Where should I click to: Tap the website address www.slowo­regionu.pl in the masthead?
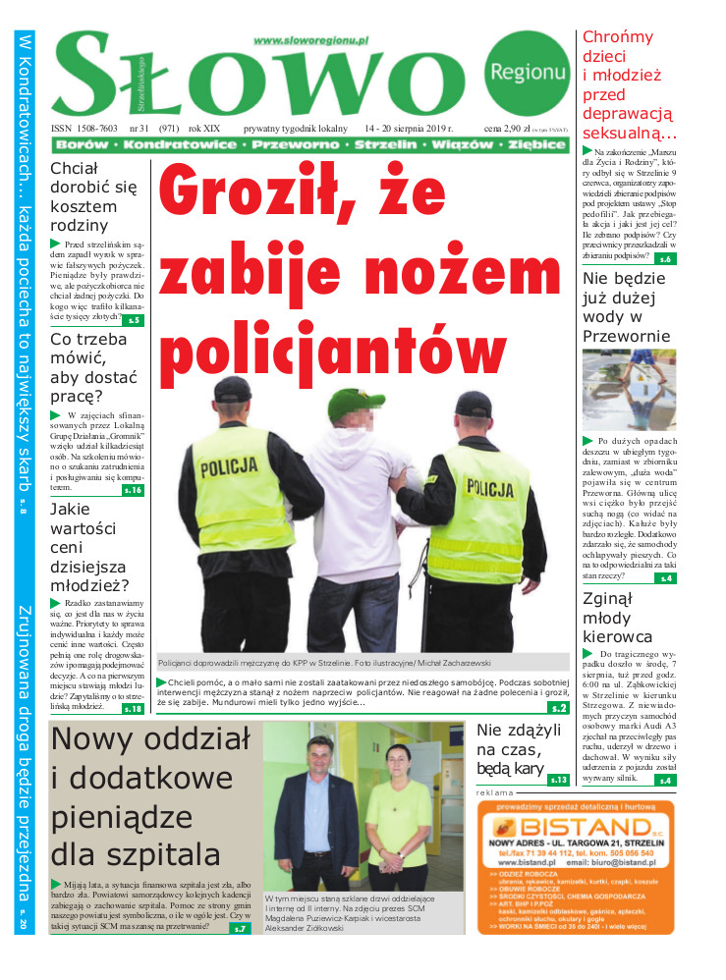point(310,40)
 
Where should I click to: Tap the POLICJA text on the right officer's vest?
point(488,487)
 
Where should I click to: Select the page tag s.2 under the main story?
point(558,707)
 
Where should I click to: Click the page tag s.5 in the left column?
point(134,320)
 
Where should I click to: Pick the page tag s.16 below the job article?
point(133,489)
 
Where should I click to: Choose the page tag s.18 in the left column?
point(133,708)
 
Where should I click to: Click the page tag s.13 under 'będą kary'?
point(558,780)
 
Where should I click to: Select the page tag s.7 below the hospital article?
point(242,928)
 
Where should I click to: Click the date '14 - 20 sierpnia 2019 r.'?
point(408,129)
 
